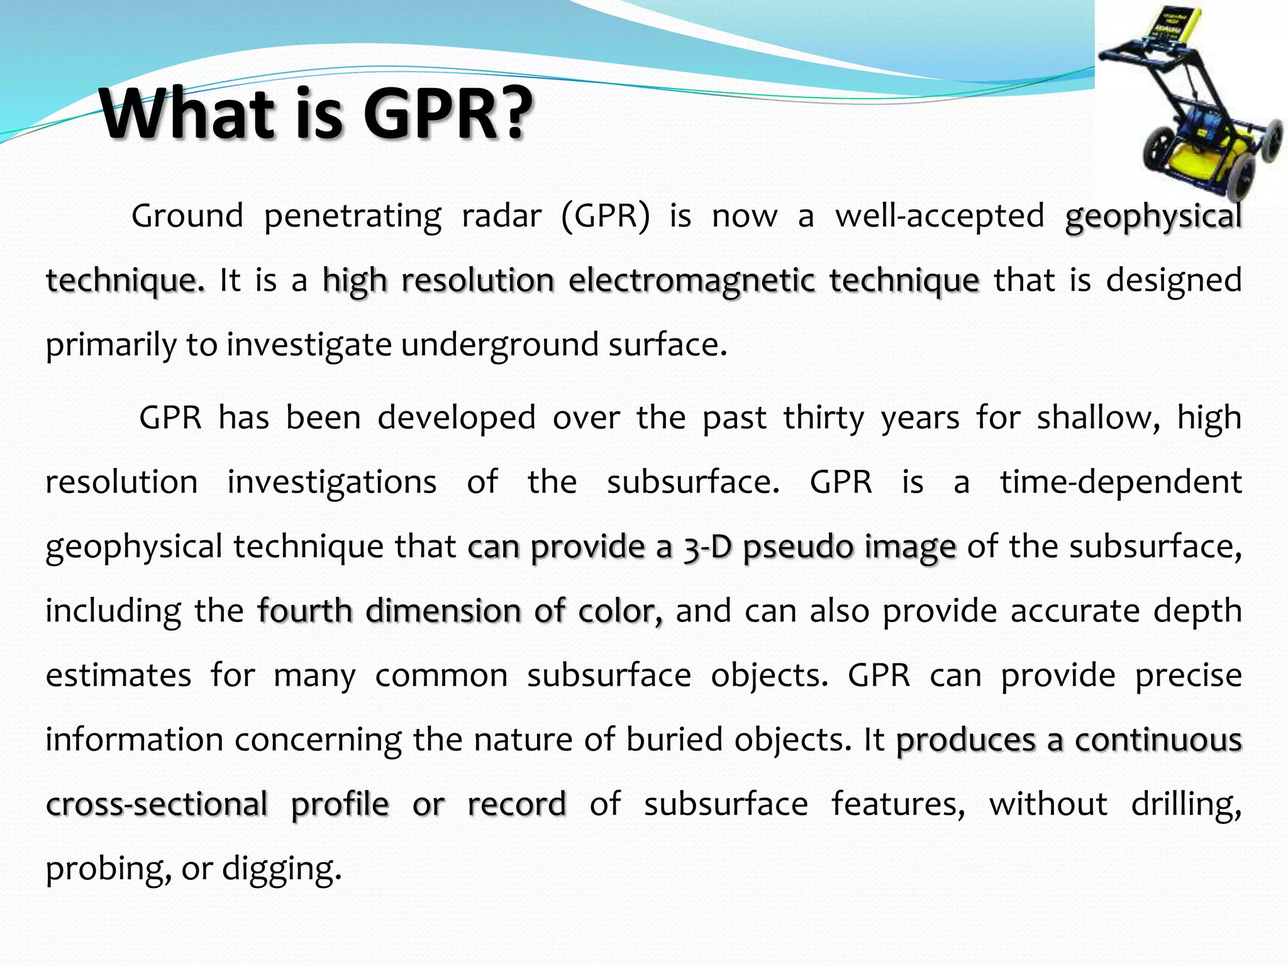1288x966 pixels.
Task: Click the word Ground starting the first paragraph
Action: click(187, 216)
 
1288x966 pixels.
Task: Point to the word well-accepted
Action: click(940, 216)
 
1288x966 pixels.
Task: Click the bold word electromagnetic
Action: click(691, 280)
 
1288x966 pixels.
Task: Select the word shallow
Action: click(1098, 418)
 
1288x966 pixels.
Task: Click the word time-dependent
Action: click(1121, 482)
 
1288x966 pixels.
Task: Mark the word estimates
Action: click(118, 676)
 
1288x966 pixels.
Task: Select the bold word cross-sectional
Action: click(157, 804)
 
